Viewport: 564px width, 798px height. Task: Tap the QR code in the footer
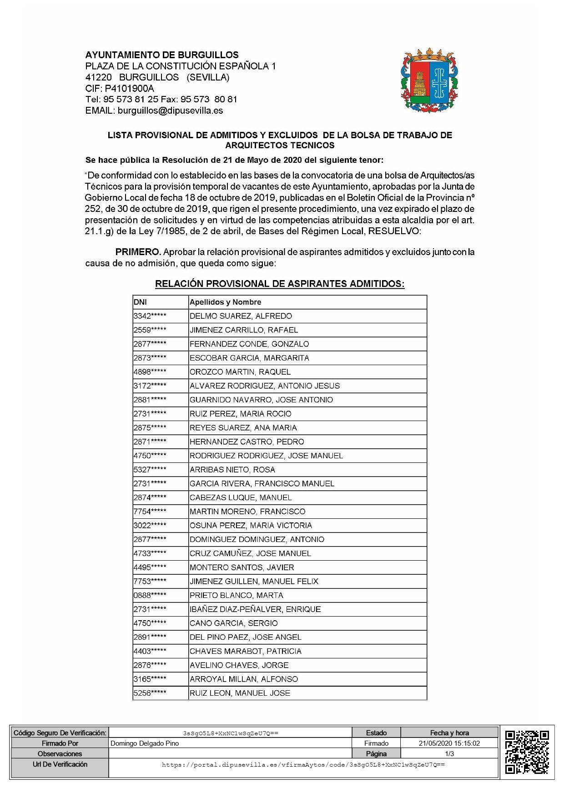tap(527, 752)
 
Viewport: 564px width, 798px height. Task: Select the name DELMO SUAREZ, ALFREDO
tap(241, 316)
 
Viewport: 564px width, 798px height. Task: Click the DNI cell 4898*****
tap(150, 372)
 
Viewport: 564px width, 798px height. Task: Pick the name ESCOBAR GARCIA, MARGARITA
tap(249, 358)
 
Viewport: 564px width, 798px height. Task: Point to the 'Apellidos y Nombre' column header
tap(225, 302)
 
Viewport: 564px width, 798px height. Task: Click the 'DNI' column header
tap(140, 302)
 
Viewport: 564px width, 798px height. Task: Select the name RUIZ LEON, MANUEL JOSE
tap(240, 693)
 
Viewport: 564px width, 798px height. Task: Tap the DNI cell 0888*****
tap(150, 595)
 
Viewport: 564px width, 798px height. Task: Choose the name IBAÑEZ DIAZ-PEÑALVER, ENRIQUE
tap(255, 609)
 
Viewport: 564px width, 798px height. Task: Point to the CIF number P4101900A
tap(129, 88)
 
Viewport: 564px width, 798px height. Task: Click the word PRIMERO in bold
tap(138, 252)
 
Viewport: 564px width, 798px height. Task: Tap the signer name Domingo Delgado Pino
tap(145, 743)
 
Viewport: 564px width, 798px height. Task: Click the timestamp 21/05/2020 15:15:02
tap(449, 743)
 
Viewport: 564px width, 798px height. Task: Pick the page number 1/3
tap(449, 754)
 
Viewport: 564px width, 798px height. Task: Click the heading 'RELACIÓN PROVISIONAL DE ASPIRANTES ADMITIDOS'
tap(280, 284)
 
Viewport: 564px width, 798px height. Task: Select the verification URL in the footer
tap(303, 765)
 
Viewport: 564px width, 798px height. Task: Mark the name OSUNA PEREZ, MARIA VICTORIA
tap(251, 526)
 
